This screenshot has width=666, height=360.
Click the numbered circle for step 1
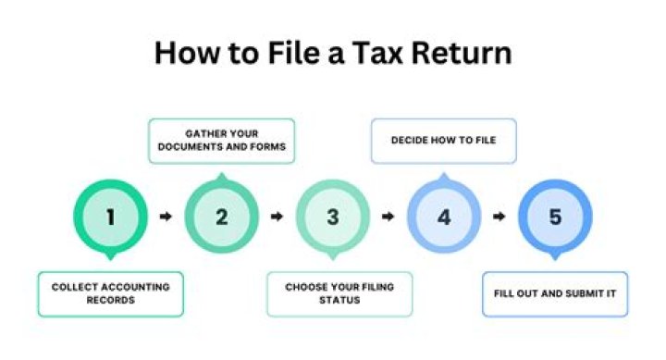coord(111,217)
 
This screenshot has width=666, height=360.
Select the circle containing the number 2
coord(222,217)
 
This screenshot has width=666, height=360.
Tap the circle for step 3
coord(333,217)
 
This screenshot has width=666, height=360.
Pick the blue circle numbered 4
coord(444,217)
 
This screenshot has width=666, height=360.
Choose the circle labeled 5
coord(555,217)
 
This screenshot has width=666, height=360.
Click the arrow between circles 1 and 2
coord(166,217)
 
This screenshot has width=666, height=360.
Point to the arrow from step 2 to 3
coord(277,217)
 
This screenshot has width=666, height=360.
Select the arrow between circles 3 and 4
coord(388,217)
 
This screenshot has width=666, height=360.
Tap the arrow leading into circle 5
coord(499,217)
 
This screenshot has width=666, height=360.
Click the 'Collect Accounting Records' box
coord(110,294)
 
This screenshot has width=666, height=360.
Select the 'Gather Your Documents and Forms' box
coord(221,141)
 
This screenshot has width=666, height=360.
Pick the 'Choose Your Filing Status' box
coord(333,294)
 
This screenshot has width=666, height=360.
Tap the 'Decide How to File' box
coord(443,142)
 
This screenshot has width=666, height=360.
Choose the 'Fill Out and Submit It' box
coord(555,294)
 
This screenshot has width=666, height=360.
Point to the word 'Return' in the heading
coord(466,52)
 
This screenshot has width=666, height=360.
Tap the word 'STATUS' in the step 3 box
coord(333,302)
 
